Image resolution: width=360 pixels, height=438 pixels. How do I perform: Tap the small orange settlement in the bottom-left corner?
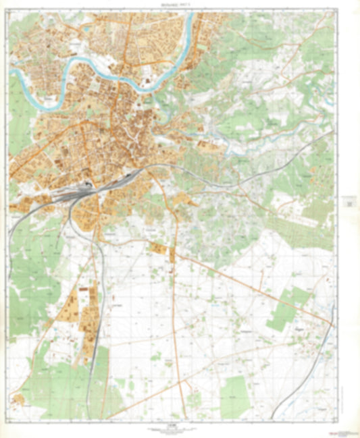(x=18, y=400)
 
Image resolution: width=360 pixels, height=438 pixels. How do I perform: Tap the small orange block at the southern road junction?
(x=172, y=256)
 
